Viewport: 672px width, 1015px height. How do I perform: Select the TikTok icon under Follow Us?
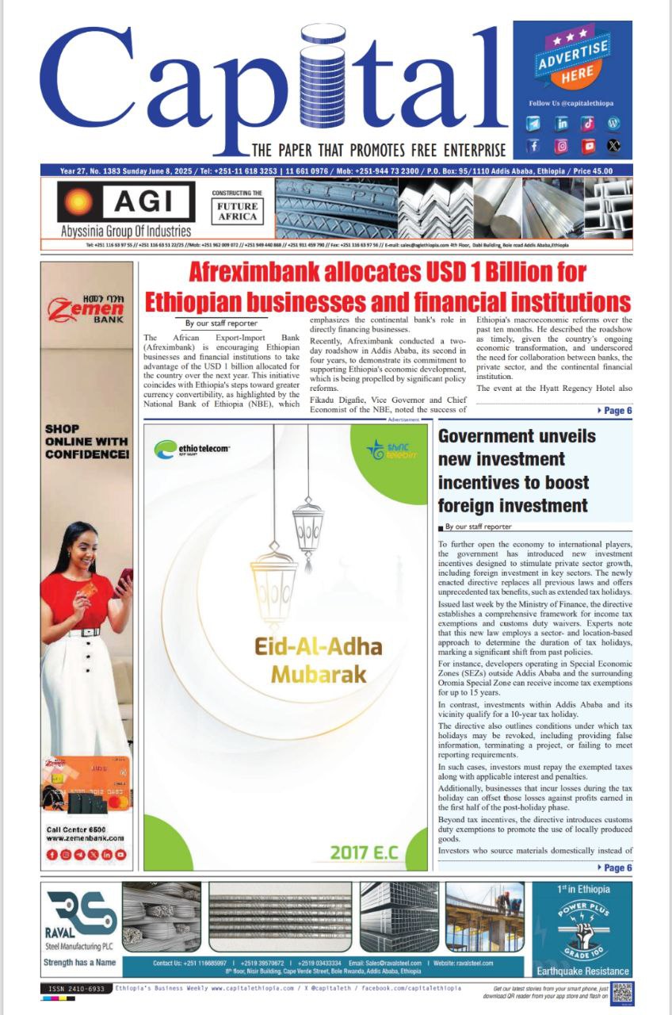(x=587, y=124)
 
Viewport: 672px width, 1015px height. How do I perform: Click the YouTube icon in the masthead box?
(x=587, y=146)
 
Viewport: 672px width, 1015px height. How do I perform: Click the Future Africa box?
(x=237, y=210)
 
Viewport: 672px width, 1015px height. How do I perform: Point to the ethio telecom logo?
(x=193, y=450)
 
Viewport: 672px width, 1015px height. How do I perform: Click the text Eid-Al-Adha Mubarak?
(x=318, y=661)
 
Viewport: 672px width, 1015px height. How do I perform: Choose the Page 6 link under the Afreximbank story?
(x=613, y=411)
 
